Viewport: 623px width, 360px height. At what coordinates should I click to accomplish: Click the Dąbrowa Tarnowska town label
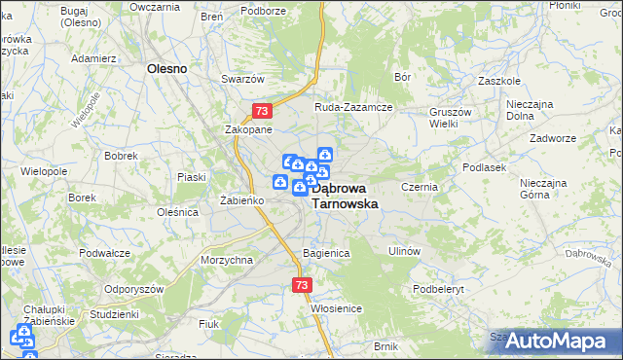pos(347,196)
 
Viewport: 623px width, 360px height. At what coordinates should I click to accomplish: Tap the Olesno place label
pos(166,69)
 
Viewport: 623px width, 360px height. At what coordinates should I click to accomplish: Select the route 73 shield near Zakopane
pos(262,112)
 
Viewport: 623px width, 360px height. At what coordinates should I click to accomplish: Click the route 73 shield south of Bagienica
pos(301,285)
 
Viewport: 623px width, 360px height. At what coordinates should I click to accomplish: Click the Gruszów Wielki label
pos(451,118)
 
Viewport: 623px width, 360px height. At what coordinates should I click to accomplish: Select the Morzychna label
pos(227,260)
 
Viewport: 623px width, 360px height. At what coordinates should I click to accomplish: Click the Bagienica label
pos(326,253)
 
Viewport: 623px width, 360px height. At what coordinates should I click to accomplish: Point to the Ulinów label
pos(403,251)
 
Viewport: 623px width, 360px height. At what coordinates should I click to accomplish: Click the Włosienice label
pos(337,308)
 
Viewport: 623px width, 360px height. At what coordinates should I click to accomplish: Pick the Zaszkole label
pos(497,82)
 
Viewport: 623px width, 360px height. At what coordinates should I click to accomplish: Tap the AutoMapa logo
pos(558,342)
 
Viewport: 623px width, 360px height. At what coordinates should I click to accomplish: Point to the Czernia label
pos(421,187)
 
